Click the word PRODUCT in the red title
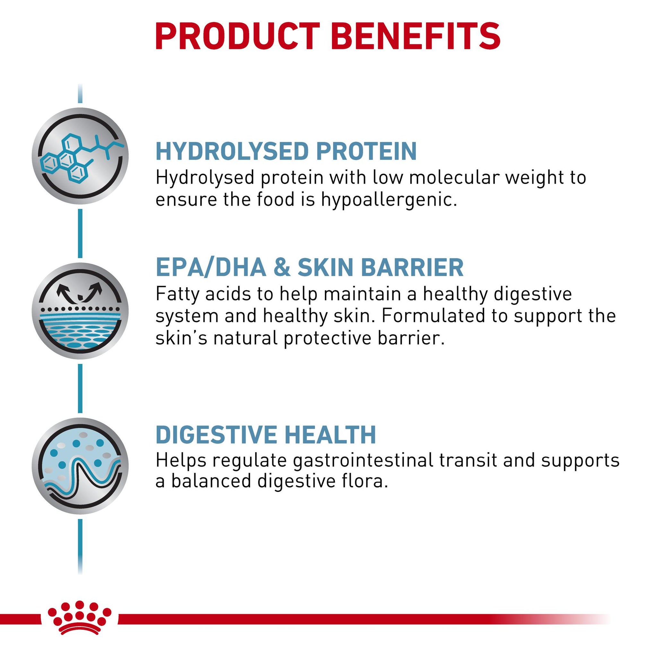coord(237,37)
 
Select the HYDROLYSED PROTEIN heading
coord(286,151)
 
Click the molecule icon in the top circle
coord(80,156)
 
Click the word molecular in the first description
coord(453,177)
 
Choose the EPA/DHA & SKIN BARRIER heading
coord(309,267)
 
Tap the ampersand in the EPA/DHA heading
coord(281,267)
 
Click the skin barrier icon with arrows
coord(80,311)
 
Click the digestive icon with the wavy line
coord(80,466)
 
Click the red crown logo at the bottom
coord(79,619)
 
